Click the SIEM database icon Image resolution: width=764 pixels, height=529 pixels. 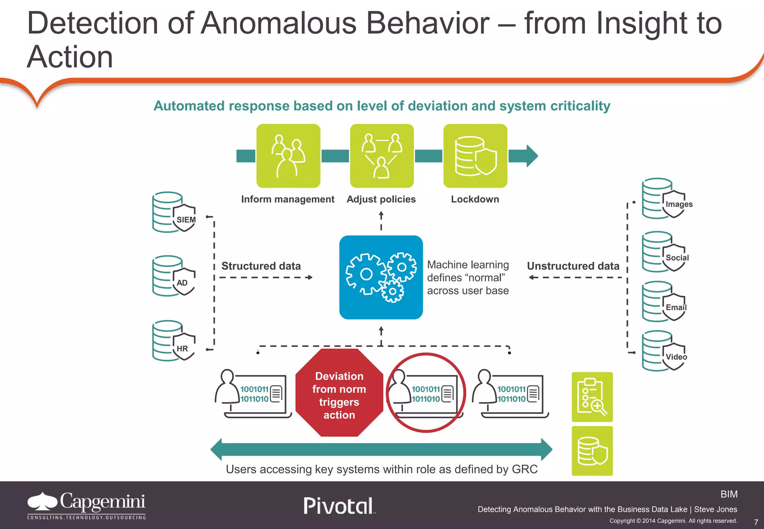(174, 212)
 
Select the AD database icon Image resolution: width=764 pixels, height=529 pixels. (174, 276)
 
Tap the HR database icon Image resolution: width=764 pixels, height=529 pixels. (174, 341)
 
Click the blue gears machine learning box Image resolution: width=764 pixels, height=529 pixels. (381, 277)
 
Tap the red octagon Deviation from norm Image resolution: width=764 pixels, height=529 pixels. (339, 393)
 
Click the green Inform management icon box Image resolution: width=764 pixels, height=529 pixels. (288, 156)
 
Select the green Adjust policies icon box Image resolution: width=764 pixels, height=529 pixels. (382, 156)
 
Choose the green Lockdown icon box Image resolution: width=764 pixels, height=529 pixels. (475, 156)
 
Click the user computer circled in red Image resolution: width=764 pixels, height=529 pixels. (426, 393)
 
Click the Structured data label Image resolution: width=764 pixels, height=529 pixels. (261, 266)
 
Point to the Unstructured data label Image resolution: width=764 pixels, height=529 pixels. (573, 266)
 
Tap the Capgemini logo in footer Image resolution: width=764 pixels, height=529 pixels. (86, 505)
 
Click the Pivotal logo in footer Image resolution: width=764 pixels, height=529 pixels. (339, 506)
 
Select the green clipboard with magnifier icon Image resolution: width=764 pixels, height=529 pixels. (592, 397)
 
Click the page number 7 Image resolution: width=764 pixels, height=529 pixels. (756, 522)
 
